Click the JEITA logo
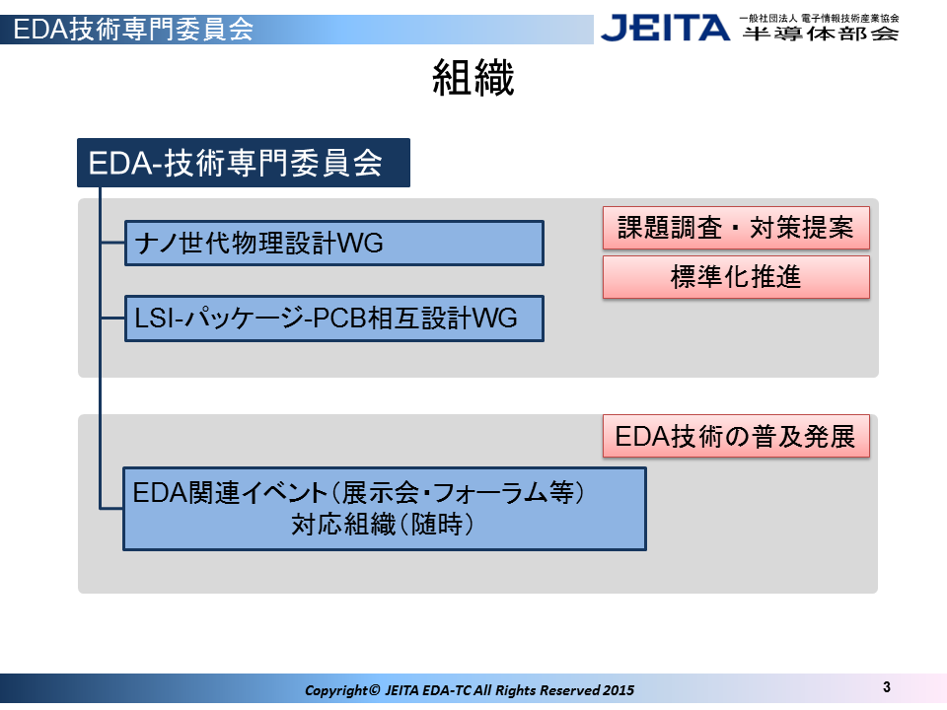665,28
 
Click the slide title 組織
473,77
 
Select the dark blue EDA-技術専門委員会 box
244,163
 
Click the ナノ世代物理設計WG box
334,243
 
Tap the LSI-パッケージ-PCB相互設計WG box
334,319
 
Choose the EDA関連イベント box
384,509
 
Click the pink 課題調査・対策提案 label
736,228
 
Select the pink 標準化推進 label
736,277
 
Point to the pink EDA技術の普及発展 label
736,436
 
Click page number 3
886,687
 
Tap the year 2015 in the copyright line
619,690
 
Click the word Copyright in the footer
335,690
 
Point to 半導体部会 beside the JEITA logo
820,34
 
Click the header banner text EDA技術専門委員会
133,29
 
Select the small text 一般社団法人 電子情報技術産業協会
820,18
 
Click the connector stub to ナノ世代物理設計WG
112,243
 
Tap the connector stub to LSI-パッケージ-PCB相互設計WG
112,319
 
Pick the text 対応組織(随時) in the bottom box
382,524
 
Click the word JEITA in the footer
401,690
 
